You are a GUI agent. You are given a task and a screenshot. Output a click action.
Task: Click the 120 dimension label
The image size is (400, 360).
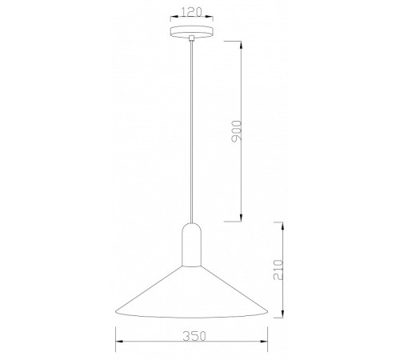tap(191, 12)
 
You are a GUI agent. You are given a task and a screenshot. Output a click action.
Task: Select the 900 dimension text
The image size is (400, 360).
tap(236, 131)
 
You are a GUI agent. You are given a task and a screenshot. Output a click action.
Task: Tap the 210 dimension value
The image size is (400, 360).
tap(278, 270)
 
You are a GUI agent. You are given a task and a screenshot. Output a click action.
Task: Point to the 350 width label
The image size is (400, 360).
tap(194, 336)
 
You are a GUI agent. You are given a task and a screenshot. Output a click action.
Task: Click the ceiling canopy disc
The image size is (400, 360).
tap(191, 31)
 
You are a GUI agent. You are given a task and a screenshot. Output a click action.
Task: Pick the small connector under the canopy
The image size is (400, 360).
tap(191, 38)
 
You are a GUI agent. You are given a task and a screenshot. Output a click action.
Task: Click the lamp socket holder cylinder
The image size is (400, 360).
tap(191, 245)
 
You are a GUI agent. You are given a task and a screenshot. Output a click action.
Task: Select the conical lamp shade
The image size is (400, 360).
tap(191, 292)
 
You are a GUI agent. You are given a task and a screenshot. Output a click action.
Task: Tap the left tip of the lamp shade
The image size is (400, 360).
tap(115, 311)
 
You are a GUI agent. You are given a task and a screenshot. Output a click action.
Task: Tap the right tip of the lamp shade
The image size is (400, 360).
tap(267, 311)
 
